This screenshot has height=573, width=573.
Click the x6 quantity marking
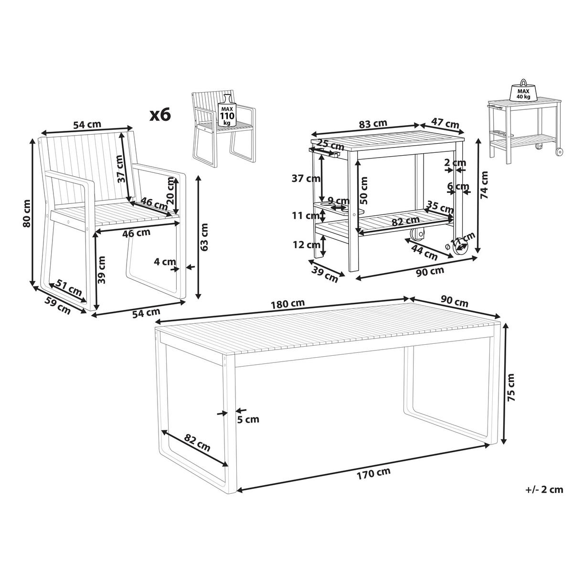(160, 115)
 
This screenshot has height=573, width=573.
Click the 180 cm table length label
(288, 304)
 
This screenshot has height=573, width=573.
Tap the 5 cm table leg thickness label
(249, 419)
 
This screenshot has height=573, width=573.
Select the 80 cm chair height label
(27, 213)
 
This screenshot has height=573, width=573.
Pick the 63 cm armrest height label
(204, 237)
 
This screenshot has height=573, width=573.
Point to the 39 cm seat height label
(101, 270)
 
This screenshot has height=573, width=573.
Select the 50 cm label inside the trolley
(363, 191)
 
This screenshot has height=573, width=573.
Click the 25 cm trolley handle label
(330, 146)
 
